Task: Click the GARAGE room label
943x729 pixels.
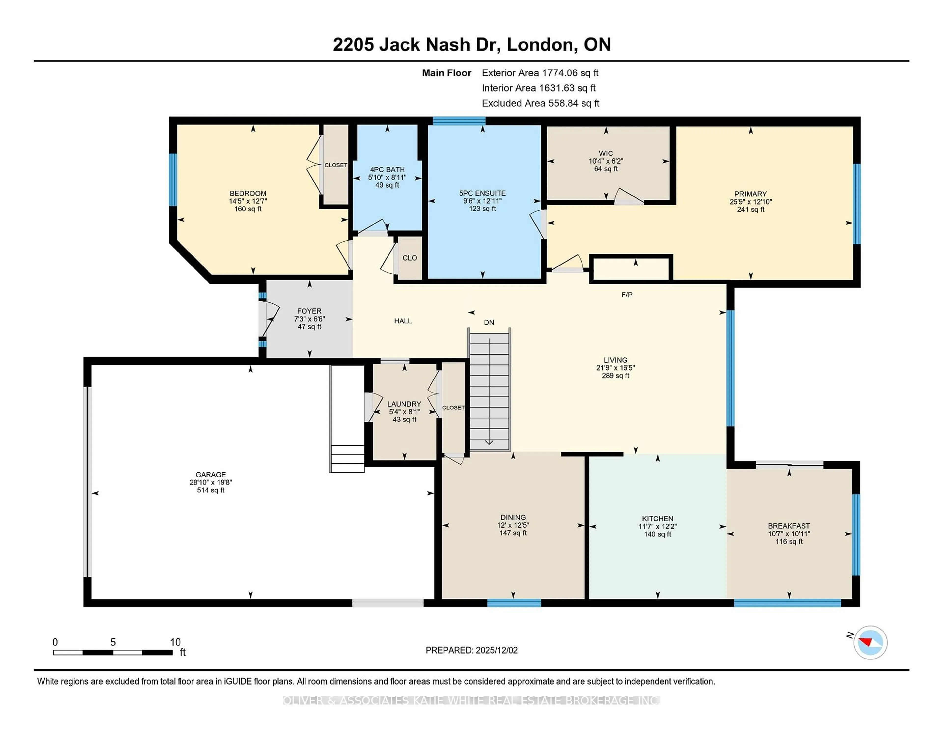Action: point(211,474)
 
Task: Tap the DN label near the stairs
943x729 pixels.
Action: point(489,322)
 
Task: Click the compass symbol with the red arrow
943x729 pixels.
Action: point(870,642)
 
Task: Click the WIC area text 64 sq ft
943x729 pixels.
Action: point(606,169)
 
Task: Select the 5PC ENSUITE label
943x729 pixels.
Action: point(482,193)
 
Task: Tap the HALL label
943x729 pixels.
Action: point(402,321)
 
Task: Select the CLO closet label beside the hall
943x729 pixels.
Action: point(409,258)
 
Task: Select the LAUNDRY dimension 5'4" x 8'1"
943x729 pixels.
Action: point(404,412)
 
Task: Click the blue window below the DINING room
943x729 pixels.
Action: point(514,603)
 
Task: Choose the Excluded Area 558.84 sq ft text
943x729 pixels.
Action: point(540,103)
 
